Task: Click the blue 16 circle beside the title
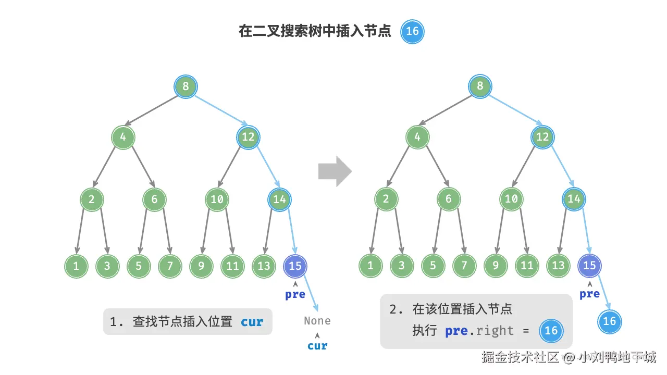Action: (x=412, y=32)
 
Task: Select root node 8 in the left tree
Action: (x=186, y=86)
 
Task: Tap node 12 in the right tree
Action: (x=542, y=137)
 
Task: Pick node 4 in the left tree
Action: (x=123, y=137)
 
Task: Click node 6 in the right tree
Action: (x=449, y=199)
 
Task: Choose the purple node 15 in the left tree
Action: (x=295, y=266)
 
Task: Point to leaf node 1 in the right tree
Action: (x=370, y=265)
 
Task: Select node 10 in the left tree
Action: (x=217, y=199)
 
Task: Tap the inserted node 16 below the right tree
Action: (x=609, y=321)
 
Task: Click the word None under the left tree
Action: (x=317, y=321)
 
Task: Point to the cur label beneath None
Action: (x=317, y=346)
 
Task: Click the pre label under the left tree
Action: (x=295, y=294)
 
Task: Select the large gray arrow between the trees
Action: (x=335, y=171)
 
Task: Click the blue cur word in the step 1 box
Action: (x=252, y=322)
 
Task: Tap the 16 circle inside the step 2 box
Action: (x=551, y=331)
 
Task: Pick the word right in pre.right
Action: (x=495, y=331)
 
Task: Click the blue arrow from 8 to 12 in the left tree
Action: (x=221, y=110)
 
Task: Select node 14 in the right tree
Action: (x=574, y=199)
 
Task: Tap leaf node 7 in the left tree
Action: (x=170, y=266)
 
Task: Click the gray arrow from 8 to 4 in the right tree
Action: (x=445, y=110)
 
